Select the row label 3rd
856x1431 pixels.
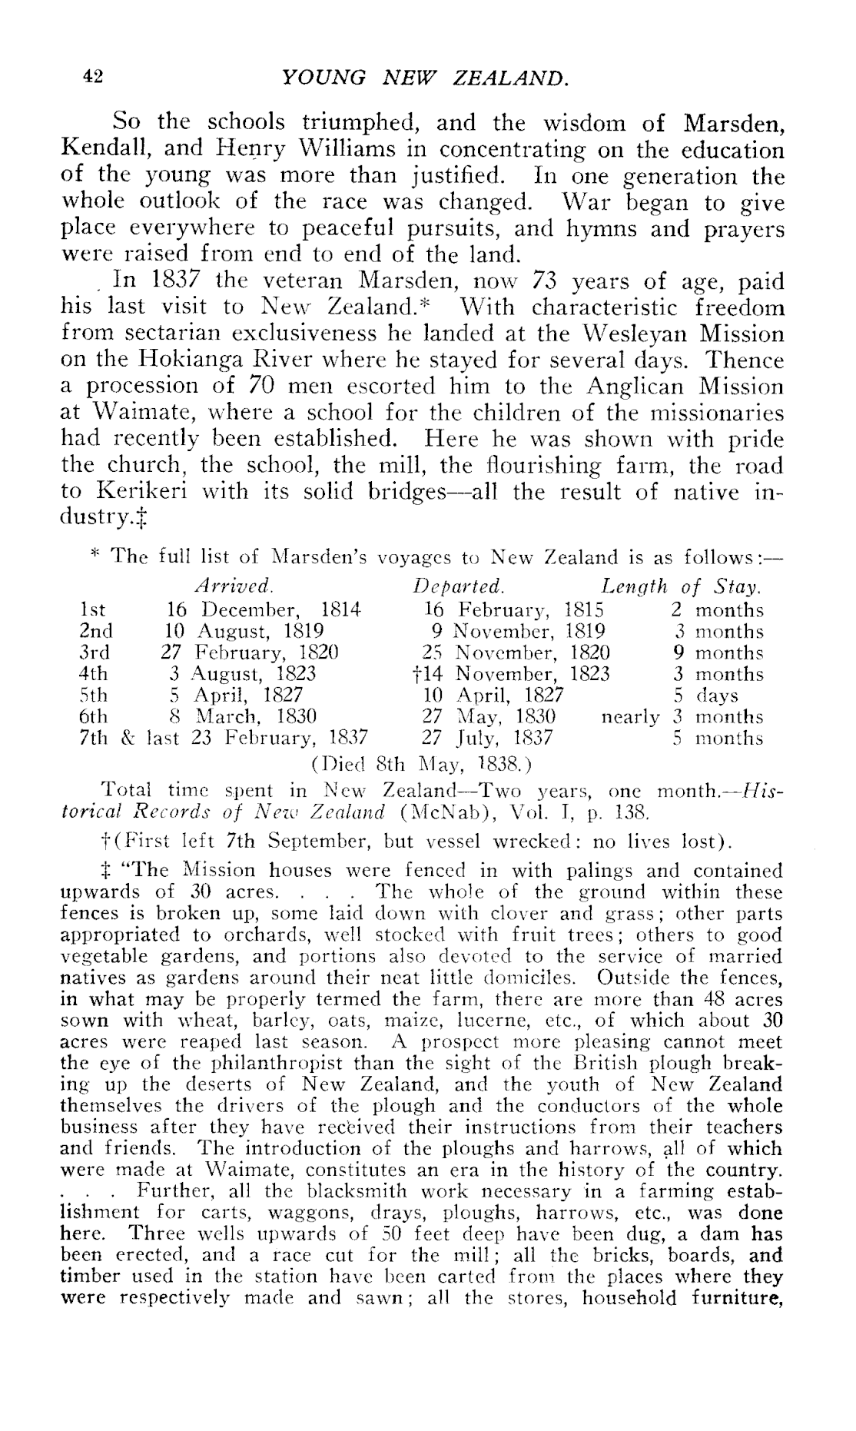pyautogui.click(x=95, y=653)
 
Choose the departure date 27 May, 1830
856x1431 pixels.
pyautogui.click(x=483, y=718)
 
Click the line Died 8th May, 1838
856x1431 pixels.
pyautogui.click(x=421, y=765)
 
